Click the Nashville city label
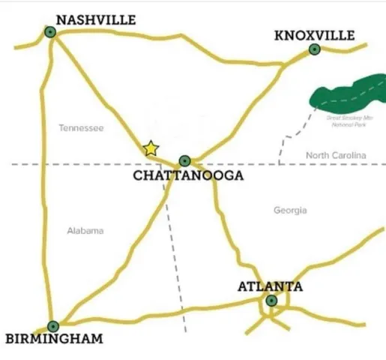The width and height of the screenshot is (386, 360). (96, 19)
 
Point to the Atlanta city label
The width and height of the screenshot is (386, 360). (270, 286)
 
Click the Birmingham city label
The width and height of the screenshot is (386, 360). (54, 339)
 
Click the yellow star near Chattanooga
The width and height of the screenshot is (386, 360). (151, 148)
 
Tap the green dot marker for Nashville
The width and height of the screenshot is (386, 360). (50, 32)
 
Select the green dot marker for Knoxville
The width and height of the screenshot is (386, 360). (315, 49)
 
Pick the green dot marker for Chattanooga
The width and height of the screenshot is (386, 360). (184, 160)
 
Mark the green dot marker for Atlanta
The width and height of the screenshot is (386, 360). (271, 301)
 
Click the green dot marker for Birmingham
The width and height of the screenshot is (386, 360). (52, 326)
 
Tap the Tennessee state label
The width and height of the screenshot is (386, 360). (81, 128)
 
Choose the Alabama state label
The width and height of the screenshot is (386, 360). (85, 231)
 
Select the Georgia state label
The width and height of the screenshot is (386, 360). (290, 211)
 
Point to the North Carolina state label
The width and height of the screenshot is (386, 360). (336, 155)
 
